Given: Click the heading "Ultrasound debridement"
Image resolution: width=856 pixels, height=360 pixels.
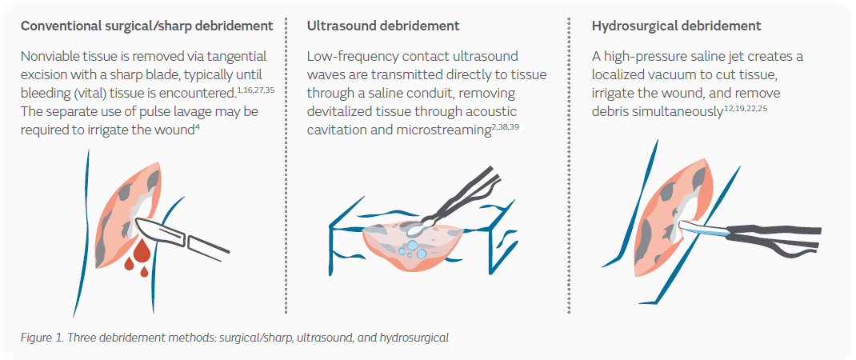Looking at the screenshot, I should tap(383, 26).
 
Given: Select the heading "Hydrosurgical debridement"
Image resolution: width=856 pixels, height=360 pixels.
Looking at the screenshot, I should tap(676, 26).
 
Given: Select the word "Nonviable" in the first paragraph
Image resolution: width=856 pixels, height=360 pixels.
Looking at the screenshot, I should tap(50, 56).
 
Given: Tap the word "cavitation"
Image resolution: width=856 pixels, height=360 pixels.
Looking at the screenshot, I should tap(335, 130).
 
